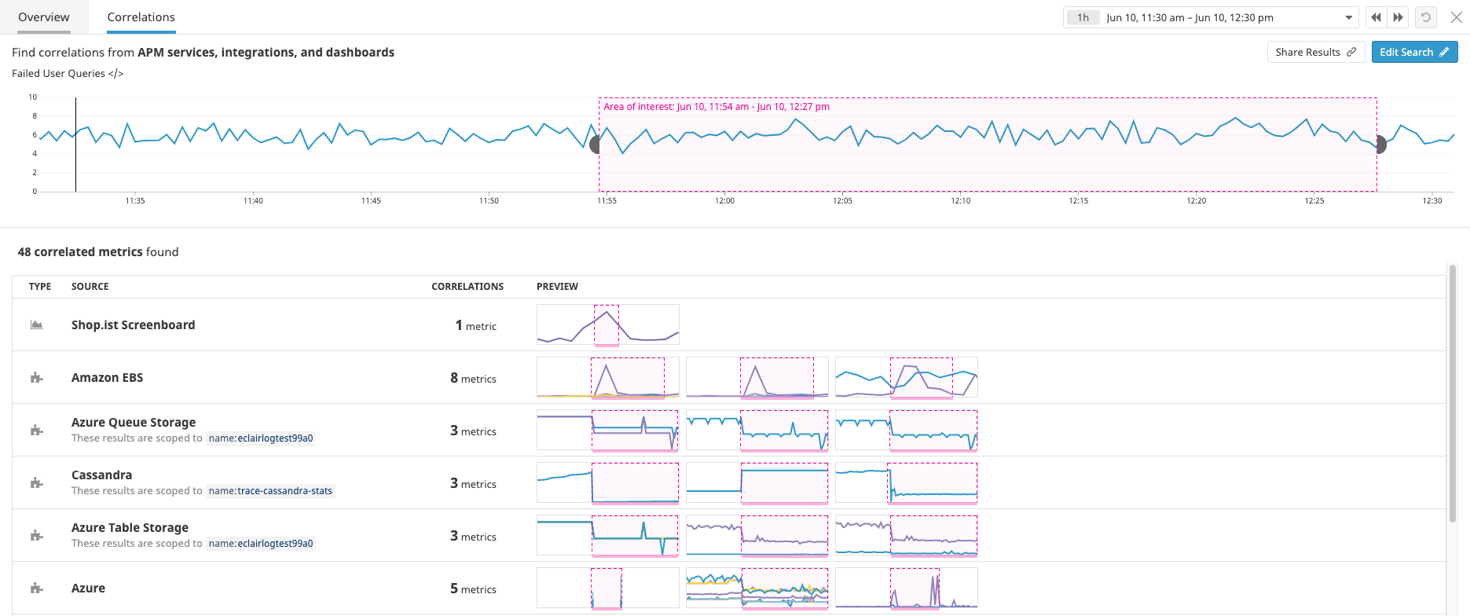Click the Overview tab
pyautogui.click(x=44, y=17)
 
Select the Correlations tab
pyautogui.click(x=141, y=17)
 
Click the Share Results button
pyautogui.click(x=1315, y=52)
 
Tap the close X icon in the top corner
pyautogui.click(x=1456, y=17)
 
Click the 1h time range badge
pyautogui.click(x=1083, y=17)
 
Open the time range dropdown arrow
pyautogui.click(x=1348, y=17)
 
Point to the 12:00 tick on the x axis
pyautogui.click(x=724, y=200)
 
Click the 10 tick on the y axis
pyautogui.click(x=33, y=97)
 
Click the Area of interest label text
pyautogui.click(x=716, y=107)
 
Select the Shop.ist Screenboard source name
pyautogui.click(x=133, y=325)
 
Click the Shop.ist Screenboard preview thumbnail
pyautogui.click(x=607, y=324)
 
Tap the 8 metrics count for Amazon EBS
pyautogui.click(x=473, y=378)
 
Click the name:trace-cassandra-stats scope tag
pyautogui.click(x=270, y=491)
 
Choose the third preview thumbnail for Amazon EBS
pyautogui.click(x=906, y=378)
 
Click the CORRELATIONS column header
pyautogui.click(x=467, y=287)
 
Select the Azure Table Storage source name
pyautogui.click(x=130, y=528)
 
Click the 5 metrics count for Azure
pyautogui.click(x=473, y=588)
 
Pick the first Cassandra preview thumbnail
pyautogui.click(x=607, y=482)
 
